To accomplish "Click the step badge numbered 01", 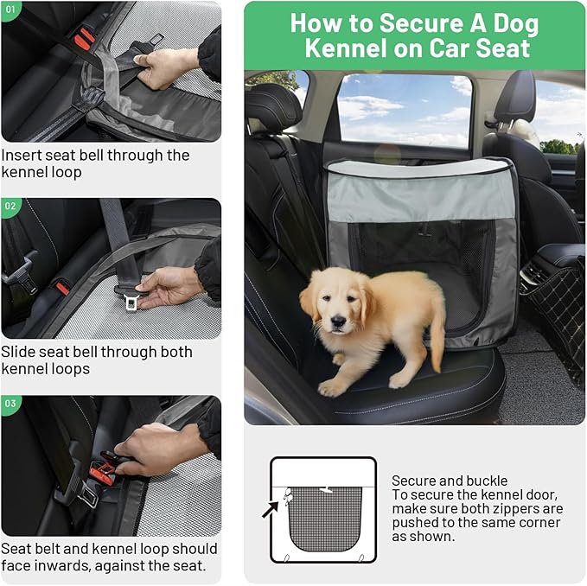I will coord(10,10).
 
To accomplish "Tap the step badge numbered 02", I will coord(10,207).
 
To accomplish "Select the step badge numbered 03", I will coord(10,404).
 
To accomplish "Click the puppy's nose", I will coord(336,321).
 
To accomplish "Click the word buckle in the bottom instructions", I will coord(488,481).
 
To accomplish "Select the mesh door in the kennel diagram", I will coord(324,518).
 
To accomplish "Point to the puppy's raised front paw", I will coord(334,387).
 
